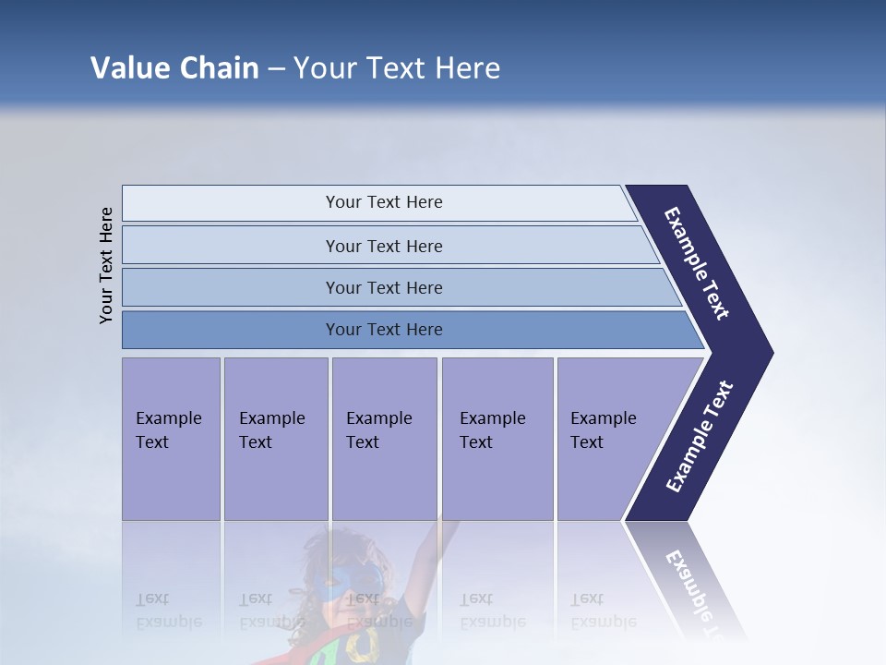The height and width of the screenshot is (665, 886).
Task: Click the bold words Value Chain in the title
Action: [174, 68]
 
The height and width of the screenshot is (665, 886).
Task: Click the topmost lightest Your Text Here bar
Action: [383, 202]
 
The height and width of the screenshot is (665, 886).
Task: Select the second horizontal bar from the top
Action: [383, 246]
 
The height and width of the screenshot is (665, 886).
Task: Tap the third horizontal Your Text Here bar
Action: [383, 287]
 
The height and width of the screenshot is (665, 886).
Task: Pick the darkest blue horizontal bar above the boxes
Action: [383, 330]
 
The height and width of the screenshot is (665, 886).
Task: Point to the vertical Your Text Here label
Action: [106, 265]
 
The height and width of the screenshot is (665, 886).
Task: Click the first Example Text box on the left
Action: [171, 438]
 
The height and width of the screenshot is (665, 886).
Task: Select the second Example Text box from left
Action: [275, 438]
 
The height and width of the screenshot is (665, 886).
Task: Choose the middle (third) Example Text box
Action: [384, 438]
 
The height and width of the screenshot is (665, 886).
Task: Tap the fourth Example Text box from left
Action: [497, 438]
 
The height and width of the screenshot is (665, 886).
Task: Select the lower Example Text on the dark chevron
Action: [700, 436]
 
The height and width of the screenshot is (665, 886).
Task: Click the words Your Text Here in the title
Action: [396, 68]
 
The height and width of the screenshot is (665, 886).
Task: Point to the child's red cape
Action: [314, 647]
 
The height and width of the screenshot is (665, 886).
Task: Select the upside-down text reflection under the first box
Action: [168, 610]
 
